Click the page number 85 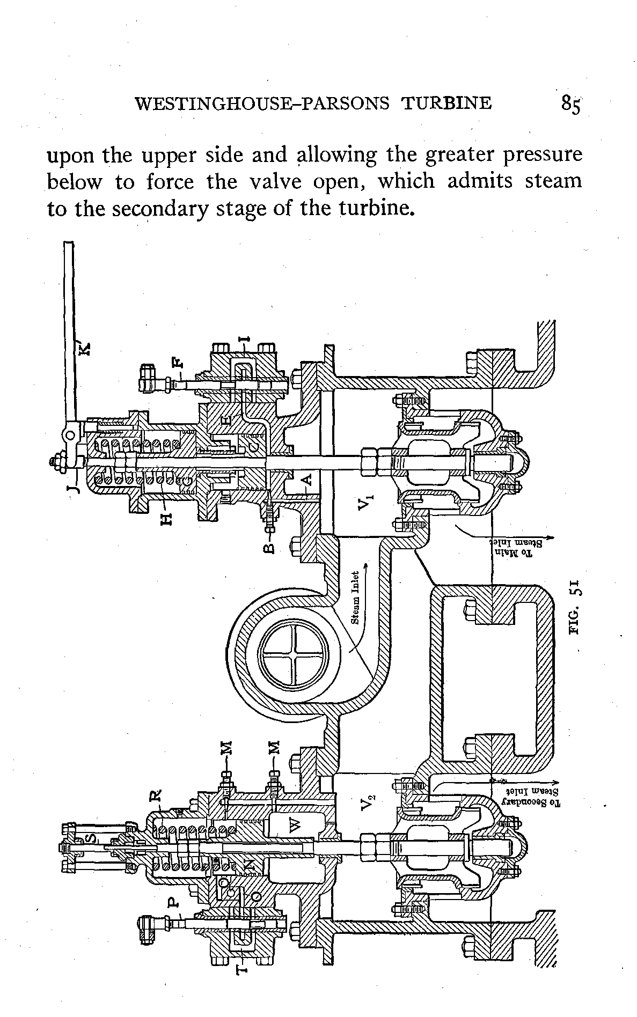[570, 104]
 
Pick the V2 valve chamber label [367, 803]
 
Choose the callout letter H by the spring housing [167, 518]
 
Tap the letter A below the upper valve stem [308, 478]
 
